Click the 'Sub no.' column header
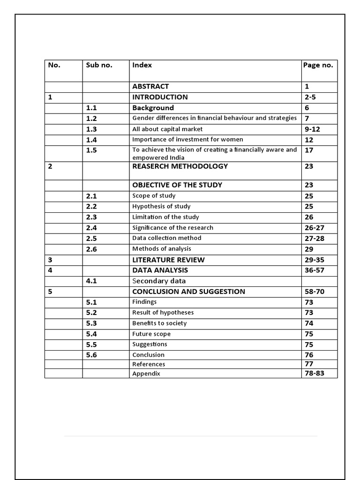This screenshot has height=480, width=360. pyautogui.click(x=99, y=65)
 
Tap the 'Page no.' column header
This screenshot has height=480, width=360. pyautogui.click(x=318, y=65)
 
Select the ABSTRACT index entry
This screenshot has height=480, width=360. pyautogui.click(x=150, y=86)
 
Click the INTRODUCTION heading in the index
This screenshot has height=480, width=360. pyautogui.click(x=160, y=97)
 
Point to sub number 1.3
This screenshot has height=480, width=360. pyautogui.click(x=91, y=129)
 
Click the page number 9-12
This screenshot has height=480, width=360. pyautogui.click(x=312, y=129)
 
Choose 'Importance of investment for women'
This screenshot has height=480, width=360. pyautogui.click(x=187, y=139)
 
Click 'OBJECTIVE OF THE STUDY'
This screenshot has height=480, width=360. pyautogui.click(x=177, y=185)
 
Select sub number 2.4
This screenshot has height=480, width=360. pyautogui.click(x=91, y=228)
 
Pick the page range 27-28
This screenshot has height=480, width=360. pyautogui.click(x=314, y=239)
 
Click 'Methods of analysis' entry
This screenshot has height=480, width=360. pyautogui.click(x=162, y=249)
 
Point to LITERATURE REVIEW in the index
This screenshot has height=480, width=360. pyautogui.click(x=168, y=260)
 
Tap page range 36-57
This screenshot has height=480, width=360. pyautogui.click(x=314, y=270)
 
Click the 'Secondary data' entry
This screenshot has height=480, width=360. pyautogui.click(x=159, y=281)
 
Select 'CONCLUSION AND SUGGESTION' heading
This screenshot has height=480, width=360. pyautogui.click(x=188, y=292)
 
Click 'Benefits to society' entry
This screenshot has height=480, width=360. pyautogui.click(x=159, y=323)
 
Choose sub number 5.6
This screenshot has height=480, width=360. pyautogui.click(x=91, y=355)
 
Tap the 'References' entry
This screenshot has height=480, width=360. pyautogui.click(x=149, y=364)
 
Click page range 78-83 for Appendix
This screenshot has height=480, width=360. pyautogui.click(x=314, y=374)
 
